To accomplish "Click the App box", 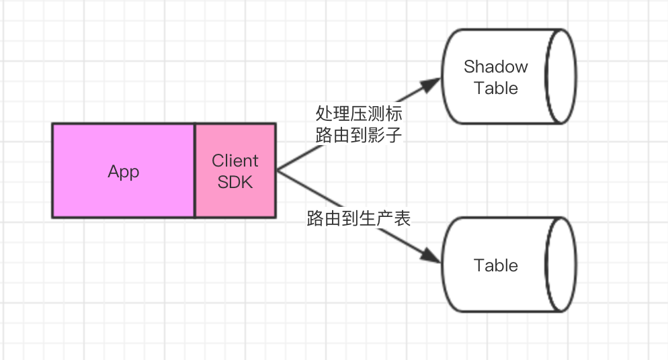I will (124, 171).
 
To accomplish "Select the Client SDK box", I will (235, 171).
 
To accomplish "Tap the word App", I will (124, 171).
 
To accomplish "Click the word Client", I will (235, 161).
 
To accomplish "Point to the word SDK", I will (235, 181).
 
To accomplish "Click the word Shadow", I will (496, 67).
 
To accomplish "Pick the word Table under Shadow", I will (496, 88).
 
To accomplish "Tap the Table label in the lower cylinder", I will (496, 265).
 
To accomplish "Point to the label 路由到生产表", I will (358, 219).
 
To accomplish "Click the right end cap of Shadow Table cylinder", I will (561, 77).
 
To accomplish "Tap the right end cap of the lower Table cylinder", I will (561, 265).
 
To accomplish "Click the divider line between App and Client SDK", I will (195, 171).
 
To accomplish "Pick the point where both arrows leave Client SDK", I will (276, 171).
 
